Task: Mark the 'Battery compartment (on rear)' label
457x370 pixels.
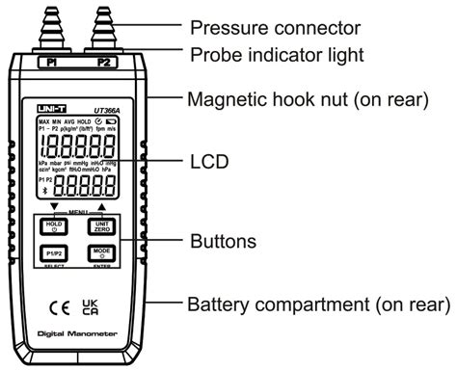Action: click(x=317, y=306)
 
